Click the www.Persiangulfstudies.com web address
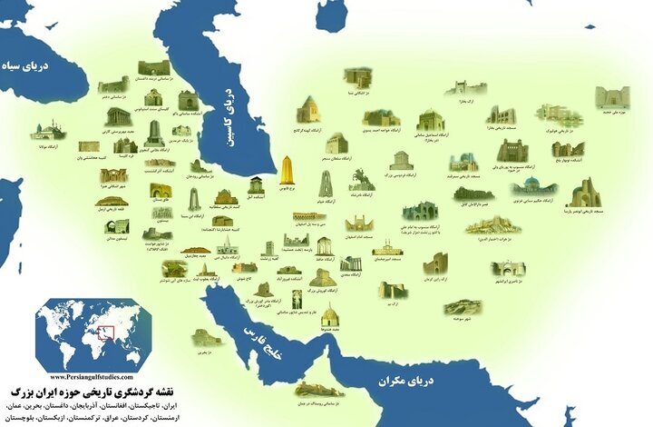[91, 376]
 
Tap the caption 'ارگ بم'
[392, 305]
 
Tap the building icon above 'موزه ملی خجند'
[613, 96]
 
